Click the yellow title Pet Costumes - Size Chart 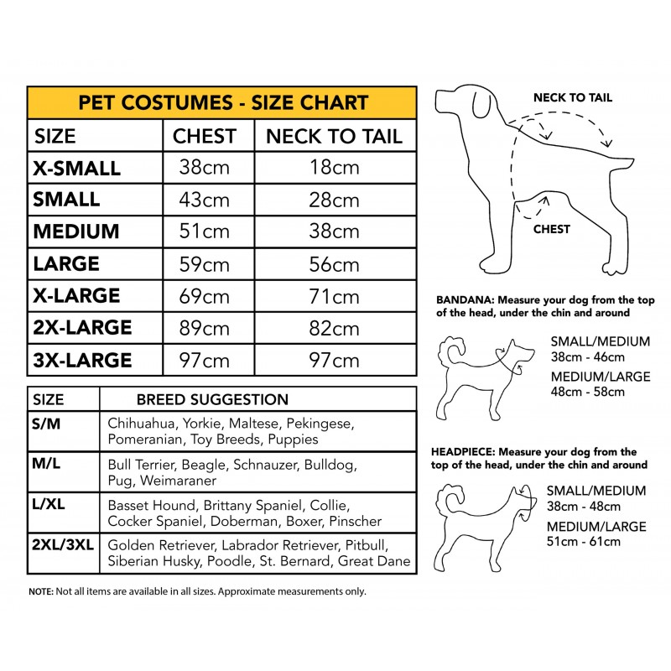click(x=222, y=102)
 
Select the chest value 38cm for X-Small click(x=204, y=167)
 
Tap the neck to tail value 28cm click(x=334, y=200)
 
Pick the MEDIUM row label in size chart click(x=76, y=231)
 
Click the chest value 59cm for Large click(x=204, y=264)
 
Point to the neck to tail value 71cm click(x=334, y=296)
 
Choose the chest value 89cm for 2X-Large click(x=204, y=328)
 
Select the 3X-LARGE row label click(x=82, y=361)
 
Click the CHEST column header click(x=204, y=136)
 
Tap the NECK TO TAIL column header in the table click(x=334, y=136)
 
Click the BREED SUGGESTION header click(x=212, y=400)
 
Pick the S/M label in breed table click(x=47, y=424)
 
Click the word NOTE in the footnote click(x=40, y=591)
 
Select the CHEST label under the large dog click(x=551, y=229)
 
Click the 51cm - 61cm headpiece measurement click(x=584, y=541)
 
